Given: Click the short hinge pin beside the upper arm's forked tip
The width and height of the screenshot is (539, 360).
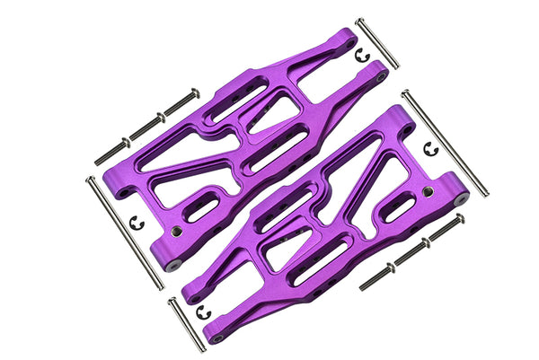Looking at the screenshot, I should pyautogui.click(x=377, y=42).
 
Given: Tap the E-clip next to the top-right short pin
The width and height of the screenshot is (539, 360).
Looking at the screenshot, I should pyautogui.click(x=362, y=56).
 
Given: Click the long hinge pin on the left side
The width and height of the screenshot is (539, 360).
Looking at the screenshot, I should pyautogui.click(x=124, y=233).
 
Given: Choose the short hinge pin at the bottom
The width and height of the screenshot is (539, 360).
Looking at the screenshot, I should pyautogui.click(x=187, y=324).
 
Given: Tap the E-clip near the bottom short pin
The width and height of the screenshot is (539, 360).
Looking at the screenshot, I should pyautogui.click(x=203, y=312).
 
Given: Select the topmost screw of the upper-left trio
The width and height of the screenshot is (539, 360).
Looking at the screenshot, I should pyautogui.click(x=181, y=101).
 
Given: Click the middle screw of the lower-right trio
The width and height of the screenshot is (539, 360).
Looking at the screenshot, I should pyautogui.click(x=411, y=252).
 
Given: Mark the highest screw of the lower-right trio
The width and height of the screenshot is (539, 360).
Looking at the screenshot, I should pyautogui.click(x=446, y=229).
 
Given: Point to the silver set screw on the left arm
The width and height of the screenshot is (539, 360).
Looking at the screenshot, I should pyautogui.click(x=177, y=231).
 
